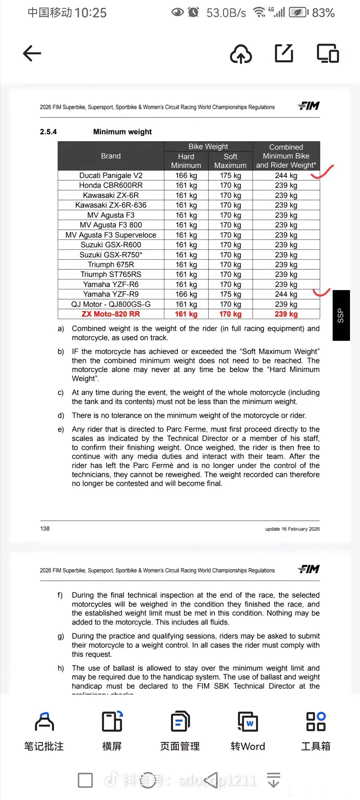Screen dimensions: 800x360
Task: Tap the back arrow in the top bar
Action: tap(32, 53)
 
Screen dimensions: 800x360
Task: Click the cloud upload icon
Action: tap(241, 54)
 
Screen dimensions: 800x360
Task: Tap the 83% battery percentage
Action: tap(323, 13)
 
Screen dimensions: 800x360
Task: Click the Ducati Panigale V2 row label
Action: tap(111, 176)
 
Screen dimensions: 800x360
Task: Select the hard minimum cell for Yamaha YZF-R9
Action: tap(186, 294)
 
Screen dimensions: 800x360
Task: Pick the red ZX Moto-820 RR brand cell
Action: tap(111, 314)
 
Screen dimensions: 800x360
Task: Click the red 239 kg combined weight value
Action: tap(286, 314)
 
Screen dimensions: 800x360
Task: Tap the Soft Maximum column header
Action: tap(230, 161)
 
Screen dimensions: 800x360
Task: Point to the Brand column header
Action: tap(111, 156)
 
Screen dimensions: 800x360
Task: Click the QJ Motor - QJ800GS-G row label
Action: tap(111, 304)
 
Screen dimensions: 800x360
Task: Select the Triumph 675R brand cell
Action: tap(111, 265)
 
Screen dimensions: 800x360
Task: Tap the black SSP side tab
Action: tap(341, 315)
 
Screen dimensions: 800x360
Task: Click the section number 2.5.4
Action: tap(48, 132)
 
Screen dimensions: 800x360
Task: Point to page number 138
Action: tap(45, 529)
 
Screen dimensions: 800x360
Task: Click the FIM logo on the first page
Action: tap(309, 106)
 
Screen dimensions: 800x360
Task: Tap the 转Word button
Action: tap(248, 731)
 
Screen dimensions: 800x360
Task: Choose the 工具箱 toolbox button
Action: tap(316, 731)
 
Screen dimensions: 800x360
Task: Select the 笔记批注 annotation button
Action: tap(44, 731)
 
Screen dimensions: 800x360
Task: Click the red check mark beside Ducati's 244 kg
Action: tap(323, 172)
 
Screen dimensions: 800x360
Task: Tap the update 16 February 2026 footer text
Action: tap(292, 529)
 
